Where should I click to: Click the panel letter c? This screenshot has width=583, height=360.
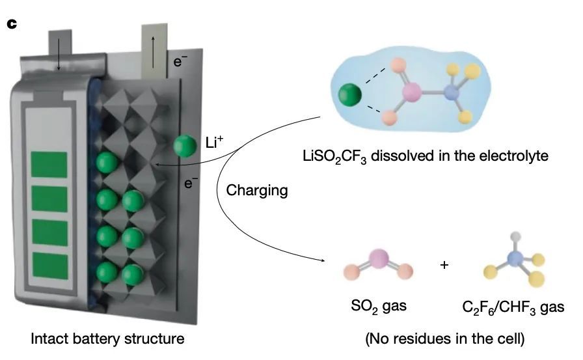click(11, 24)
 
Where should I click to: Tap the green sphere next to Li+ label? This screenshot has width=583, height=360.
click(185, 146)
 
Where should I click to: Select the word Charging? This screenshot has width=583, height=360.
click(256, 191)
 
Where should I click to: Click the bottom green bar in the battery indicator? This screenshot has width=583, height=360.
click(50, 264)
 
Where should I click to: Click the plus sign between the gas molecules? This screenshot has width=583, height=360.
click(444, 265)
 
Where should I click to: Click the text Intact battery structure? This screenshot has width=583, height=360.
click(107, 339)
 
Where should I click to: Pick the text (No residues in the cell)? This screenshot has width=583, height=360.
click(444, 339)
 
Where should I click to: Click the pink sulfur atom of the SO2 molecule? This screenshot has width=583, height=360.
click(379, 260)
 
